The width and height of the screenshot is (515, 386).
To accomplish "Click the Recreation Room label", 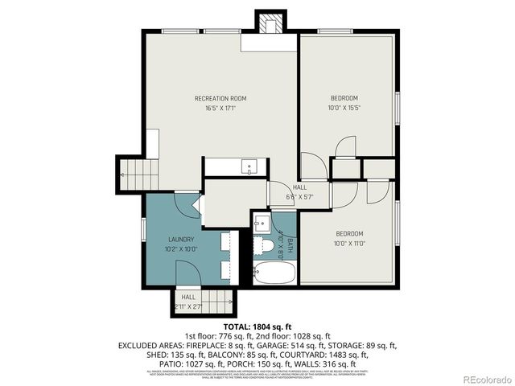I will (x=220, y=98).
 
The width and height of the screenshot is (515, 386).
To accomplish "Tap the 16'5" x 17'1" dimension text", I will (x=220, y=107).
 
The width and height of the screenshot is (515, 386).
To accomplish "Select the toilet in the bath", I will (x=263, y=245).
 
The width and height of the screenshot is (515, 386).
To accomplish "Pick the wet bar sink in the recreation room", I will (x=249, y=167).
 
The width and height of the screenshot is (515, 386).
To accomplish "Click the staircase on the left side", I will (x=131, y=170).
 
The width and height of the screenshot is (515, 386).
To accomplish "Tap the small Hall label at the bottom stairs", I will (x=187, y=297).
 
